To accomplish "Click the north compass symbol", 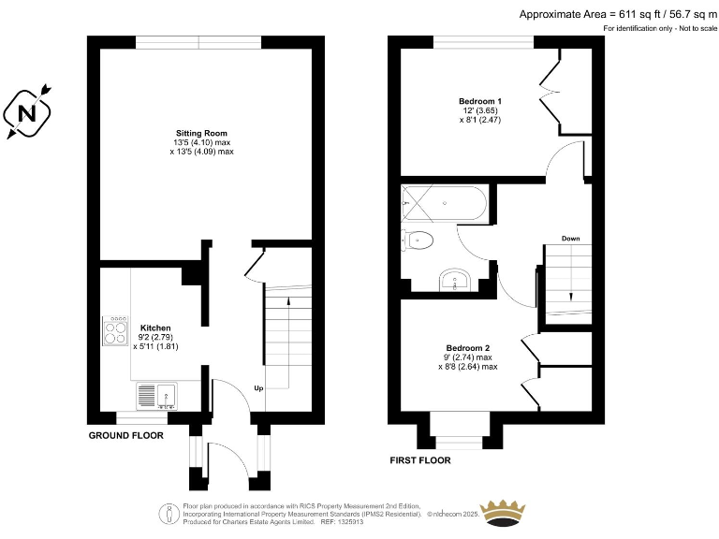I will point(29,114).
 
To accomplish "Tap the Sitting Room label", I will point(201,133).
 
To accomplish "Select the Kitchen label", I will point(155,328).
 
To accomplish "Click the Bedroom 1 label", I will point(480,101).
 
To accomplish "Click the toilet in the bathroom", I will point(418,240).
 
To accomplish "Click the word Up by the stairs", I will point(257,387).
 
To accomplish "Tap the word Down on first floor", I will point(570,239).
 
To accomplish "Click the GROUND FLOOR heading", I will point(125,436).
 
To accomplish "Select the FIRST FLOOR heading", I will point(419,460).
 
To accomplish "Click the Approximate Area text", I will point(617,13).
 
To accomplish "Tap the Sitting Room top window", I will point(198,41).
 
